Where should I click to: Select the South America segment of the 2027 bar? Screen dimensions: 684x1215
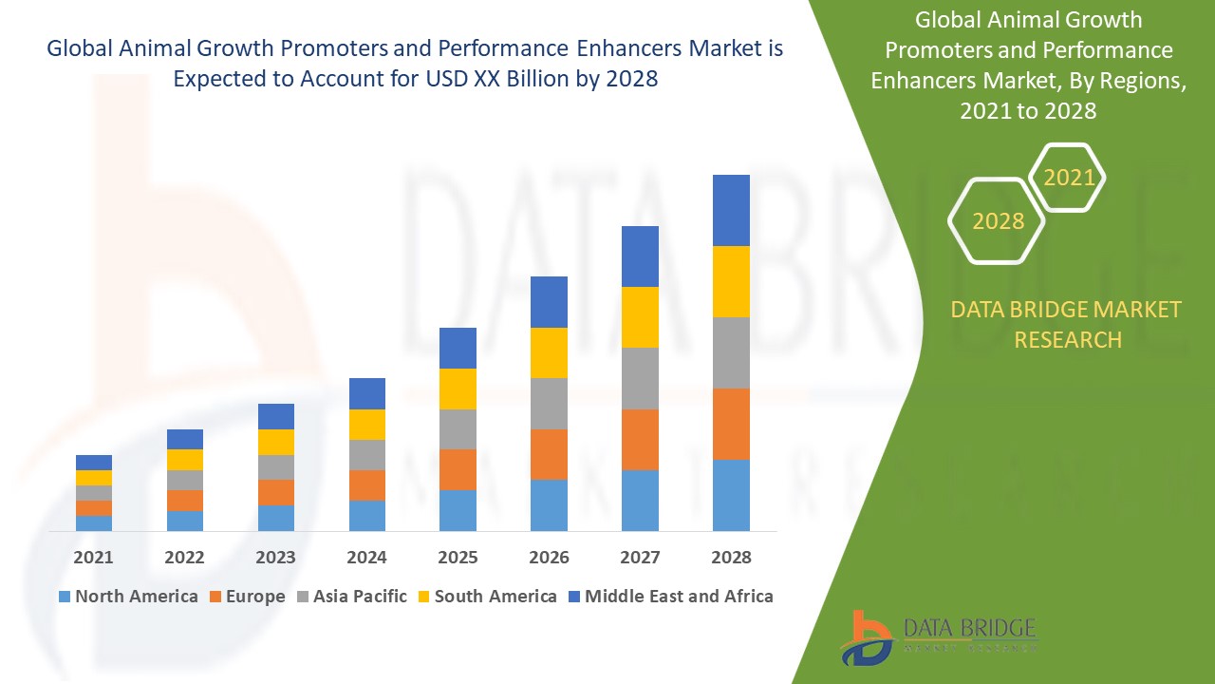(x=640, y=316)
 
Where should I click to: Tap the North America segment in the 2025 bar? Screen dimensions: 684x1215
(x=458, y=510)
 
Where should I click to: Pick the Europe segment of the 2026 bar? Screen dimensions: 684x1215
(x=549, y=454)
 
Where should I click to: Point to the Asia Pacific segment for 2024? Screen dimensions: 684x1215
(x=367, y=454)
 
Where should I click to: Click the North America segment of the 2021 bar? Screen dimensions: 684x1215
(x=94, y=522)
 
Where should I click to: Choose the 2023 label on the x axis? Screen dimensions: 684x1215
(x=275, y=558)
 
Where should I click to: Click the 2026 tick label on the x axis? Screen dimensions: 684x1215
(x=549, y=558)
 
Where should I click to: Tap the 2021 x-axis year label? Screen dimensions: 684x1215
(x=94, y=558)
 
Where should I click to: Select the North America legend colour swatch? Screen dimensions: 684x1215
(x=65, y=597)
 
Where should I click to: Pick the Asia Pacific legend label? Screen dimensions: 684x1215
(x=360, y=597)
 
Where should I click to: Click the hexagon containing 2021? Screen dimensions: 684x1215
(x=1069, y=178)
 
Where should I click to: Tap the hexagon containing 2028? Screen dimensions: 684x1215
(x=998, y=221)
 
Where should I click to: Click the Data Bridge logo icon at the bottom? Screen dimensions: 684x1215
(x=866, y=637)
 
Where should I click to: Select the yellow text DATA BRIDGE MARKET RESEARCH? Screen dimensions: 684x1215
(x=1067, y=324)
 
